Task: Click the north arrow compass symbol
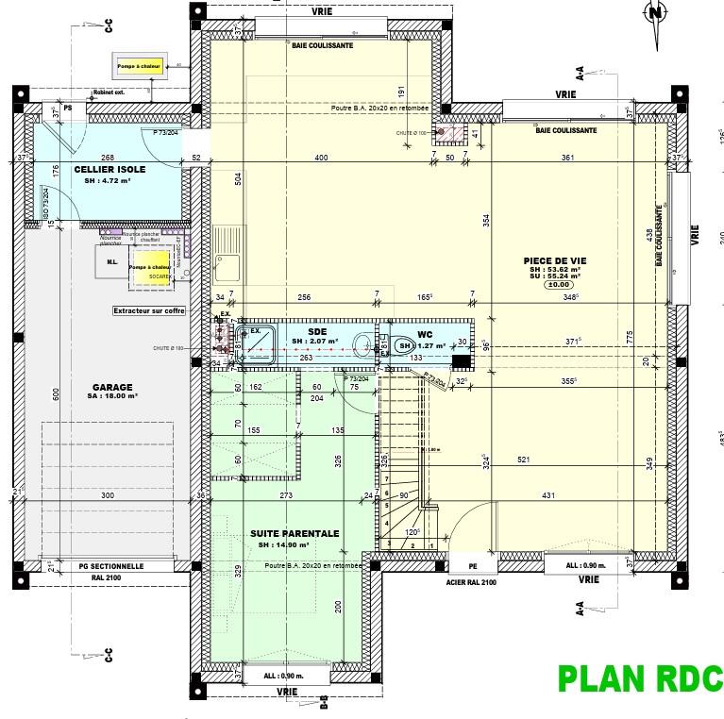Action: point(655,14)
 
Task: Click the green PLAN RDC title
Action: point(639,679)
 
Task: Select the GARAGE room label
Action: point(112,387)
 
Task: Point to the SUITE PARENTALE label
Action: point(295,533)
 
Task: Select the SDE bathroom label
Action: point(317,331)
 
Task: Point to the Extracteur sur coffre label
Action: point(148,310)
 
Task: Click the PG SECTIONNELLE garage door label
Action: point(110,566)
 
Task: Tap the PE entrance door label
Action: point(472,566)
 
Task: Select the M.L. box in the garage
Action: point(111,263)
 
